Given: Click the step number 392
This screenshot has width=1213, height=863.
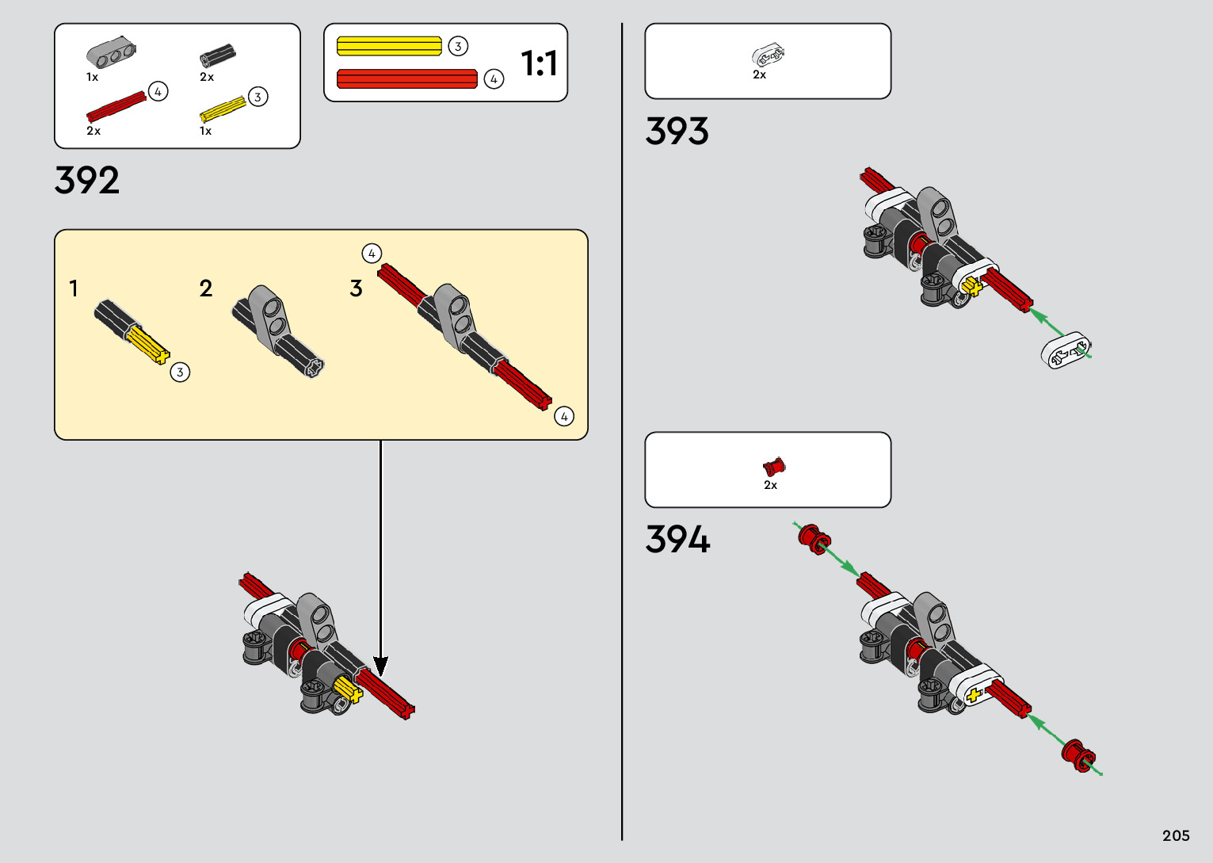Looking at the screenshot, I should point(87,181).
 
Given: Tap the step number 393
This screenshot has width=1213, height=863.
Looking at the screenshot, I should point(677,132).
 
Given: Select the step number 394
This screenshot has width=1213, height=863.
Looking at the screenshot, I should point(677,540).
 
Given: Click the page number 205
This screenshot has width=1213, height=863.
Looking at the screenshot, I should point(1176,835).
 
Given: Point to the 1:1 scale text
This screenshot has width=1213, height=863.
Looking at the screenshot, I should point(539,63).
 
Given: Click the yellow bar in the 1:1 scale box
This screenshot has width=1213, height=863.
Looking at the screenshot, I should point(389,46).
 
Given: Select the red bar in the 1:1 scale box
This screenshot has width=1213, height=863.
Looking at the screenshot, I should point(407,78).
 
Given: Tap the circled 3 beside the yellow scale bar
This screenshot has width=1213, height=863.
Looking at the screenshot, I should point(458,46).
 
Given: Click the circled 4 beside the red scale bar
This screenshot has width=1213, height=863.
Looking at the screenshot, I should point(494,79).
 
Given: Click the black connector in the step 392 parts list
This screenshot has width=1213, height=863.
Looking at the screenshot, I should point(217,55).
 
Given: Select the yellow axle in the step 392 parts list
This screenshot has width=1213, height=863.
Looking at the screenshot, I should point(223,109).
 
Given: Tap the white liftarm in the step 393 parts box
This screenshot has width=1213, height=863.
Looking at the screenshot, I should point(768,55).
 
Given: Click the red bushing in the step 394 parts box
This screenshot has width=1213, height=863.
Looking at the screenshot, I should point(773,467).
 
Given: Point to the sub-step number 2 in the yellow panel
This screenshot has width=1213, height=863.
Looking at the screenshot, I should point(206,288).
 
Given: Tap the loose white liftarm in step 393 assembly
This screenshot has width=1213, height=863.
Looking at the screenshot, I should point(1066,350).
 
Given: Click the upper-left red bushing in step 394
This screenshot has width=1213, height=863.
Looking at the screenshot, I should point(812,538).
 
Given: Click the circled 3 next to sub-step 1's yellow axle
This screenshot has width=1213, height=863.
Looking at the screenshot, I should point(180,372).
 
